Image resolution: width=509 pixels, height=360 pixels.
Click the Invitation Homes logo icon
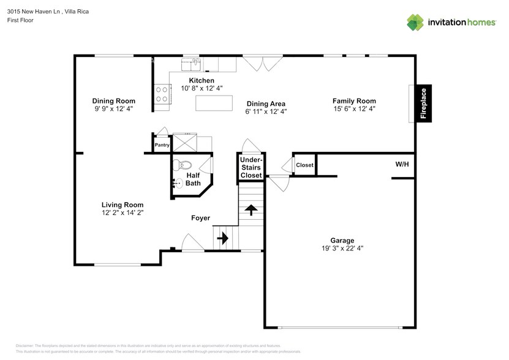415,22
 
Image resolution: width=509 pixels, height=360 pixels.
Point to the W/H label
402,164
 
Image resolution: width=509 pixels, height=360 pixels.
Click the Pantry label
162,145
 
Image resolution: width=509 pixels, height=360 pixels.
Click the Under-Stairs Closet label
251,167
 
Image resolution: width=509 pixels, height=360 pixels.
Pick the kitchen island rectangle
214,103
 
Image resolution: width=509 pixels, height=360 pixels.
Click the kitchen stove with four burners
162,95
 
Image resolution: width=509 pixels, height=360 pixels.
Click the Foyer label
200,218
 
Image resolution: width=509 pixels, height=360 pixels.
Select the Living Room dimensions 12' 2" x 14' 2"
123,212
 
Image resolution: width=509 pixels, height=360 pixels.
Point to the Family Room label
354,100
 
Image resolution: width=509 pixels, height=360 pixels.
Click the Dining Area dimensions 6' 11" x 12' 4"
266,111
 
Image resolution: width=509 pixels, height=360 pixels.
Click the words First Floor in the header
21,20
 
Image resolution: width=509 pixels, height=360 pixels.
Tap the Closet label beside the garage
304,165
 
